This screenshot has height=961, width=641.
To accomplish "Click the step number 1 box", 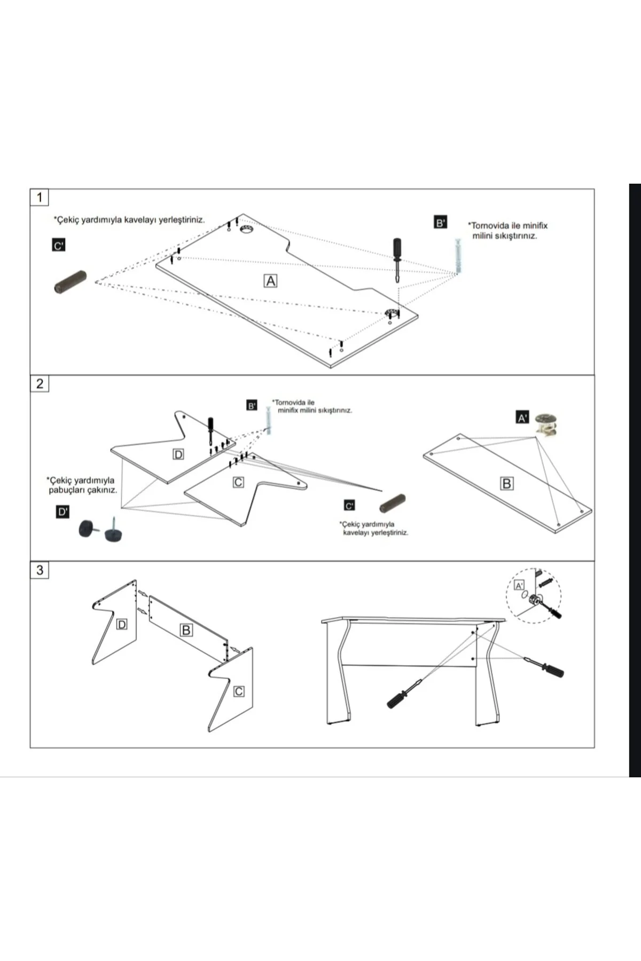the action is point(39,197).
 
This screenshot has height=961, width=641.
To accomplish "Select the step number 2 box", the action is point(39,383).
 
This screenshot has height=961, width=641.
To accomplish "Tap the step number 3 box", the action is point(39,570).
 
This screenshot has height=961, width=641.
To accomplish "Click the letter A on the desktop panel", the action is point(271,281).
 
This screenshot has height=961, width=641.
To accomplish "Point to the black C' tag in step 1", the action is point(58,246).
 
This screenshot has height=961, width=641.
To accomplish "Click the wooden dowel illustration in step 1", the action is point(70,282).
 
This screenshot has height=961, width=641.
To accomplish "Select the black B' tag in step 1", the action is point(440,223).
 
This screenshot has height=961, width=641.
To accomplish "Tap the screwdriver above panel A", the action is point(397,262).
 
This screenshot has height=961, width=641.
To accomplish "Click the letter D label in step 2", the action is point(178,454).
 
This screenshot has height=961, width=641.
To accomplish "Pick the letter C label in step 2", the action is point(238,482).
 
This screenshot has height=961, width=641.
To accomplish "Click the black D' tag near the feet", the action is point(62,512).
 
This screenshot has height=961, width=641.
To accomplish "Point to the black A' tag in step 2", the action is point(522,418).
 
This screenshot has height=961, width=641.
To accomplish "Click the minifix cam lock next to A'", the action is point(546,422).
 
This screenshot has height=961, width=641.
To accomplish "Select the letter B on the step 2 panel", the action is point(506,484).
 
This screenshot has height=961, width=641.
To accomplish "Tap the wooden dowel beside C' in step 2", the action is point(392,504).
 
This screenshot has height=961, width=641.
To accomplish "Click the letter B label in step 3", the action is point(186,631).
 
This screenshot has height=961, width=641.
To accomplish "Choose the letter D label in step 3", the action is point(122,624).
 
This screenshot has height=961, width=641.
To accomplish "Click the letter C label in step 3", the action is point(239,691).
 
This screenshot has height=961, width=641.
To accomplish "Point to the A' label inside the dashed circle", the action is point(519,586).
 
